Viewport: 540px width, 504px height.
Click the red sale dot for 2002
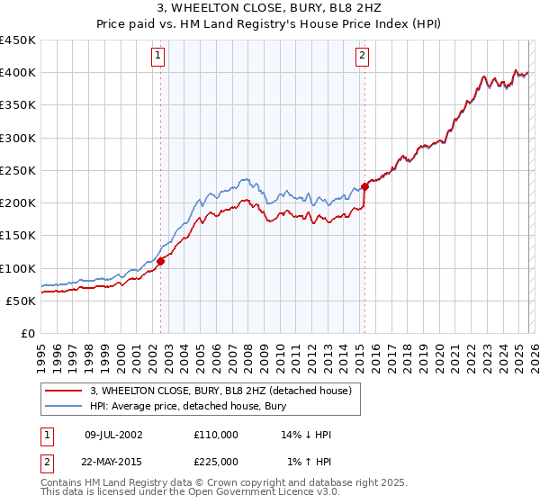[161, 261]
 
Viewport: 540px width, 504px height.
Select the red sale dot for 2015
[365, 186]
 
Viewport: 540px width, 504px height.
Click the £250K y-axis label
[18, 170]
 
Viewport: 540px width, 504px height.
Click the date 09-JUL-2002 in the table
[112, 435]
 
